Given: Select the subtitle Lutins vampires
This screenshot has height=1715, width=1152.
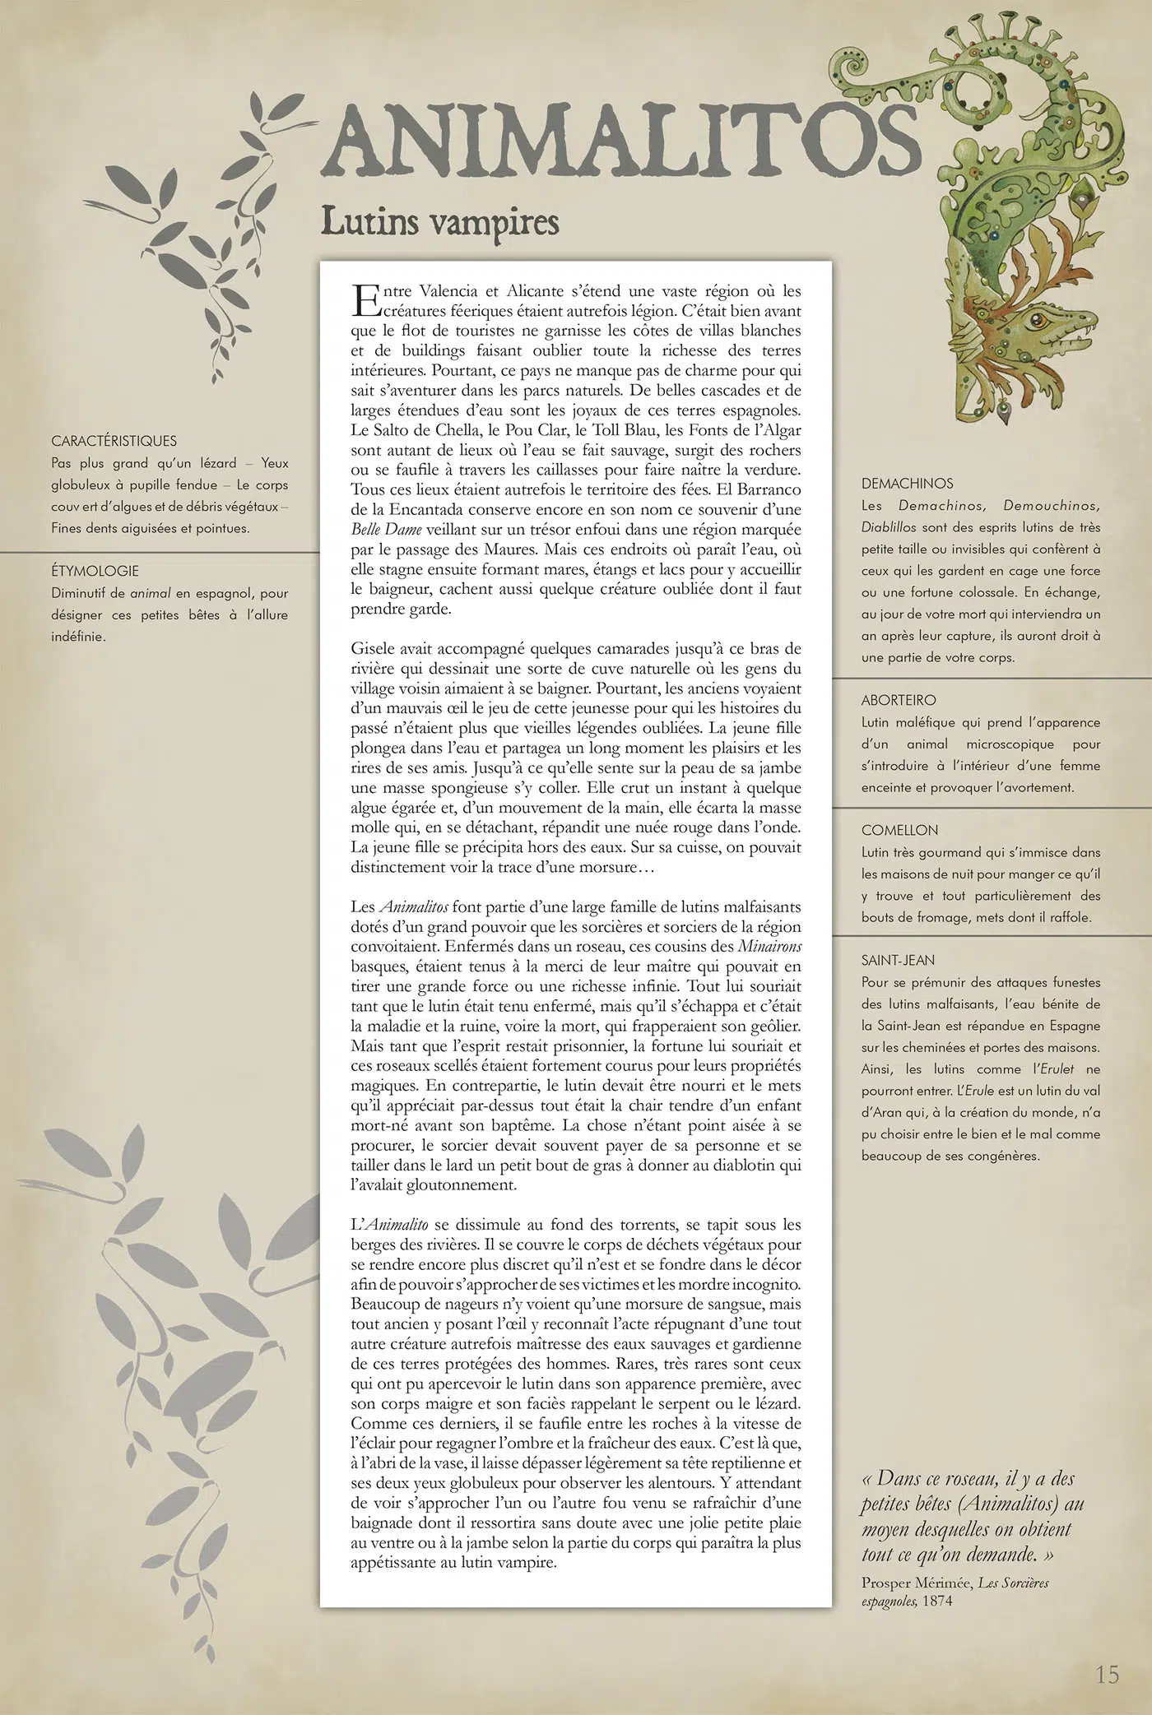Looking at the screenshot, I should (439, 222).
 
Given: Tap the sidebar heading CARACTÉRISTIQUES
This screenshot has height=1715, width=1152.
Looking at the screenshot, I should (114, 441).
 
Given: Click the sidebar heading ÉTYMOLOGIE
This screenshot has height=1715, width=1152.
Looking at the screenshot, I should (95, 571).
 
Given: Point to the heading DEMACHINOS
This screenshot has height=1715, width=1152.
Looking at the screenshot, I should (908, 484).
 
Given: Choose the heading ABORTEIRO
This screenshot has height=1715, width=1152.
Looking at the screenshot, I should (899, 700).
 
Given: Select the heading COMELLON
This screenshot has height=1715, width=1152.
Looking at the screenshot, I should (899, 831).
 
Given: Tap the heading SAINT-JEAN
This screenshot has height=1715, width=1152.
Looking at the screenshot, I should (899, 960).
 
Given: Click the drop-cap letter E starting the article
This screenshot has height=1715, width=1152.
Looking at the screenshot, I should (363, 300).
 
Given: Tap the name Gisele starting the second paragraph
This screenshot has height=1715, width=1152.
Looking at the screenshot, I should (373, 649).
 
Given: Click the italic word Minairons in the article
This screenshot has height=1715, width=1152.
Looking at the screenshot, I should (769, 946).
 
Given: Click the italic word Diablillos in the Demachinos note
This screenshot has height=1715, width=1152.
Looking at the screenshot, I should (890, 527).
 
